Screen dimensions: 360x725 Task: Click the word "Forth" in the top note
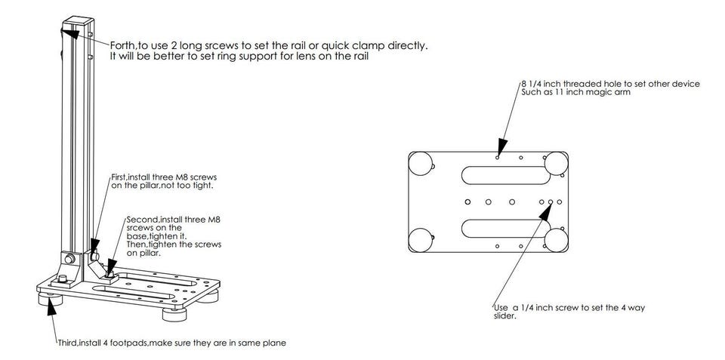coord(123,46)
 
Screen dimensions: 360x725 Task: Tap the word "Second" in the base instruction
coord(142,220)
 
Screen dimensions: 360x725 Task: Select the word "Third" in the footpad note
coord(69,343)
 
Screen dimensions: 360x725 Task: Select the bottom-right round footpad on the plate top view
coord(557,240)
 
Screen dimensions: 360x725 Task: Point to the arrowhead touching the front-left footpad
coord(51,305)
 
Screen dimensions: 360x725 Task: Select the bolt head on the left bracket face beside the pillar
coord(68,260)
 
